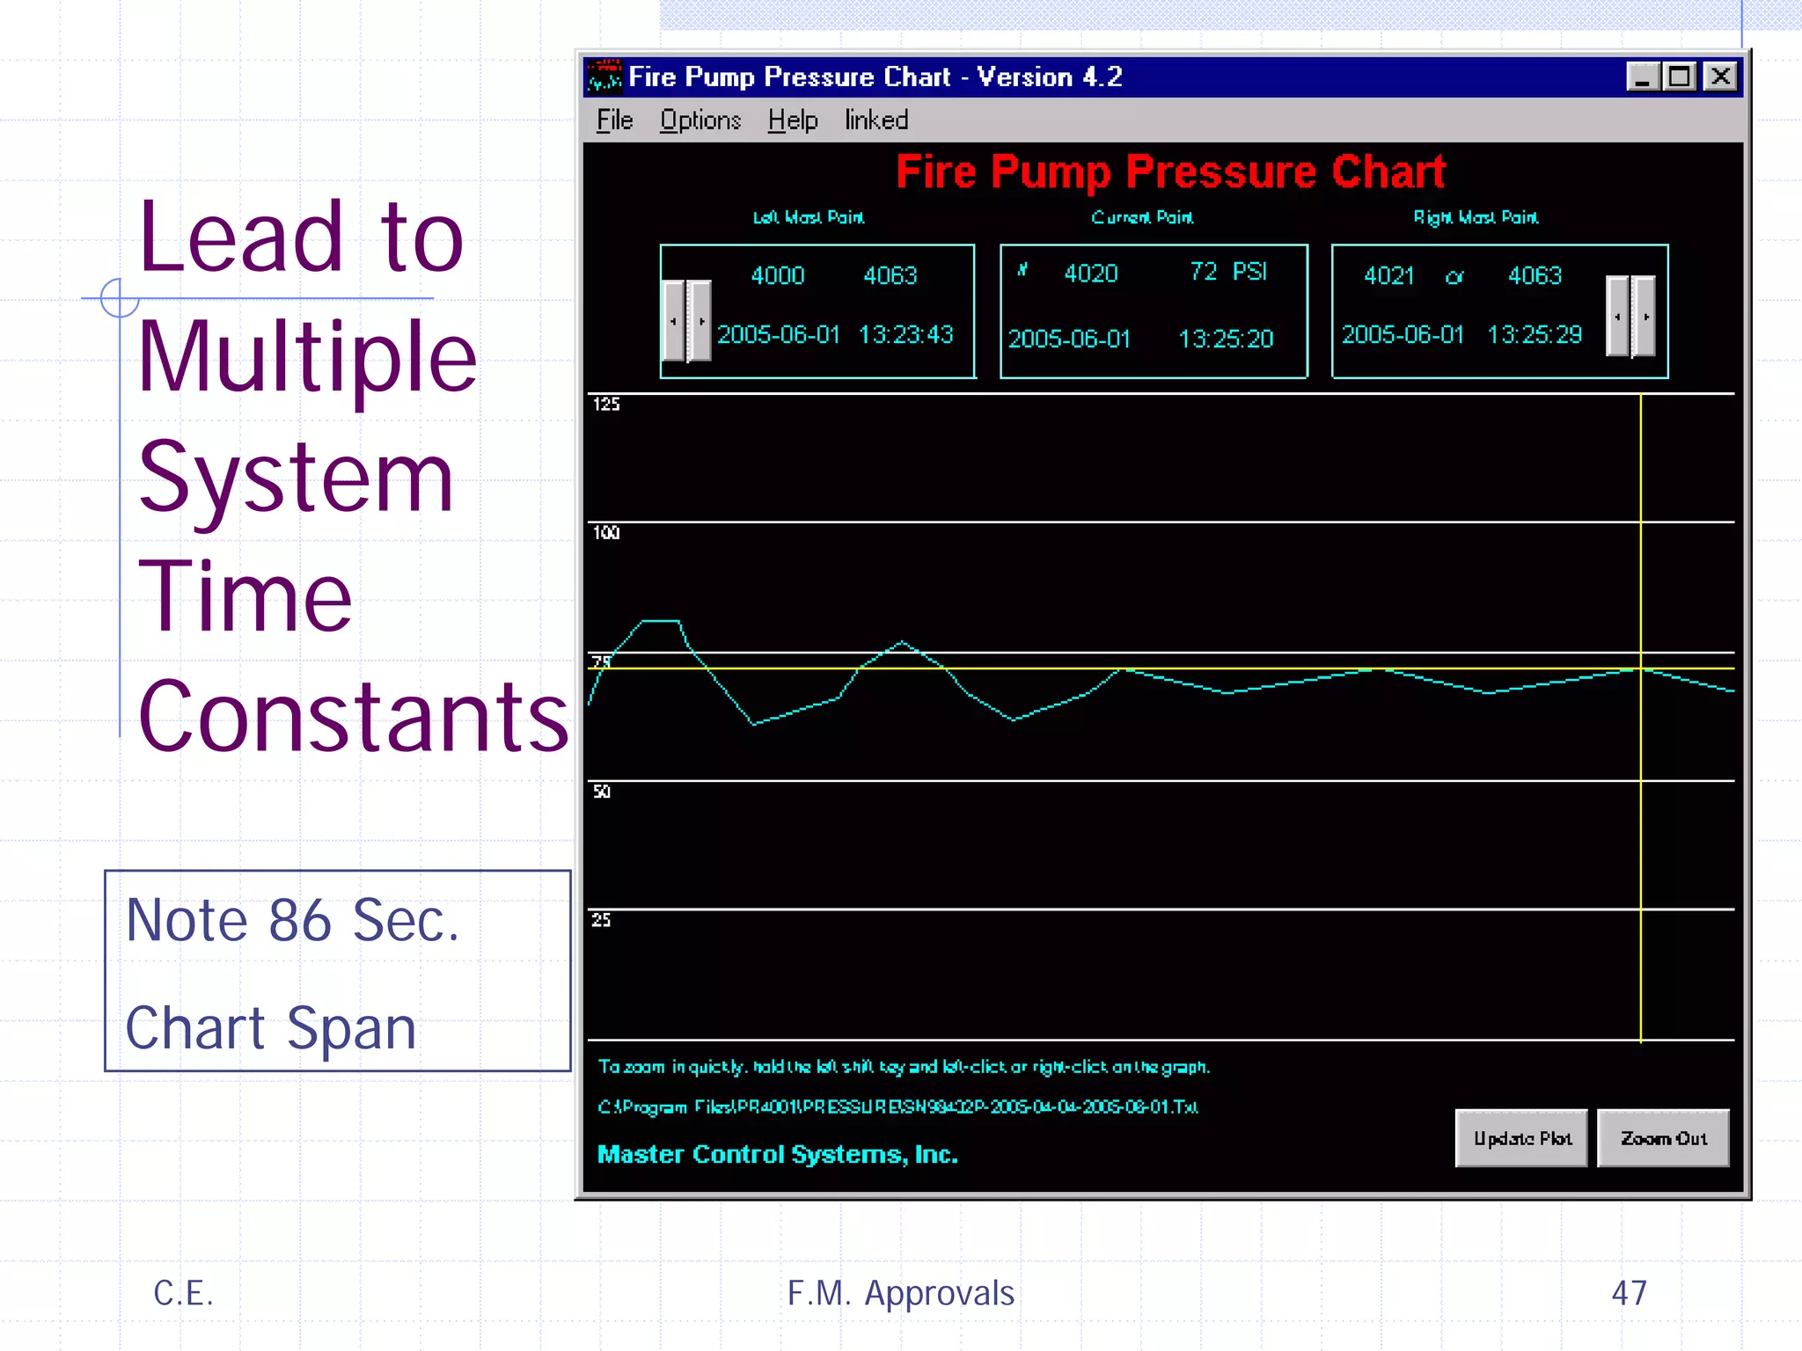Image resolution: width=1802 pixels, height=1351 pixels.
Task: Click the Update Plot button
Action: [1520, 1138]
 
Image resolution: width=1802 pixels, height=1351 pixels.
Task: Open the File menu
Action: [614, 120]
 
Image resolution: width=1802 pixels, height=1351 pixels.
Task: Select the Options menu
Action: [700, 120]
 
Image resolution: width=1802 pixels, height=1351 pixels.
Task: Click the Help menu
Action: [792, 120]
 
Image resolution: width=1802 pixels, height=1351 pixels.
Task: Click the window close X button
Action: [1720, 77]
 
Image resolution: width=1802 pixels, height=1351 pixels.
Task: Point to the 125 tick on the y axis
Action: [606, 404]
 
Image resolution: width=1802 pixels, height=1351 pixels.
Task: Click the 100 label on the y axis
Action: [606, 532]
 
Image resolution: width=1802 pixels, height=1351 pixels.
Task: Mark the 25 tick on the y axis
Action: [601, 920]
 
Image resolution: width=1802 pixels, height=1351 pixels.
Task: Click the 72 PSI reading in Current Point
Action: [1228, 272]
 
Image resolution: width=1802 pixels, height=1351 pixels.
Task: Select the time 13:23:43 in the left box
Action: [905, 335]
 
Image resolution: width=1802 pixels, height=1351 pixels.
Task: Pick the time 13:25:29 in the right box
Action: [1534, 335]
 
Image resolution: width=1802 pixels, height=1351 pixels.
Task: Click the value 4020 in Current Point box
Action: [1091, 274]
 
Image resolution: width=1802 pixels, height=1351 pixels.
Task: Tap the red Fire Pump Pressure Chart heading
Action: [1170, 172]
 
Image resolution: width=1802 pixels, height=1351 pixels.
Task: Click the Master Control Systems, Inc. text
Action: [777, 1154]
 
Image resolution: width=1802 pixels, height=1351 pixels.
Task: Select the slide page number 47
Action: [1629, 1293]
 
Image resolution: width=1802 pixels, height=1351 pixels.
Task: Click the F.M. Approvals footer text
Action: [900, 1293]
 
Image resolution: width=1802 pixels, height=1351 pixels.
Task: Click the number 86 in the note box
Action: [300, 921]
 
